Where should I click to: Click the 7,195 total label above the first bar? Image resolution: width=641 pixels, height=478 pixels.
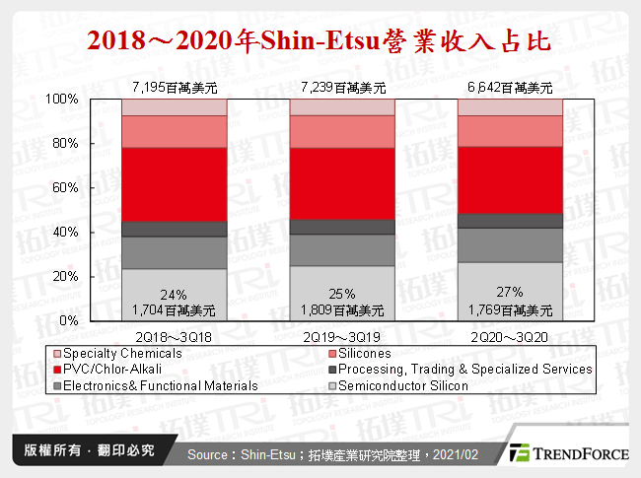(175, 88)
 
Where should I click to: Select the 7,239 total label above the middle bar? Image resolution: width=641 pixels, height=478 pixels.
(341, 88)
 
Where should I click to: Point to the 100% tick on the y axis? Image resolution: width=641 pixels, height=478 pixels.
(63, 100)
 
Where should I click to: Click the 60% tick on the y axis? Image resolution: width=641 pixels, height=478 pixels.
(66, 188)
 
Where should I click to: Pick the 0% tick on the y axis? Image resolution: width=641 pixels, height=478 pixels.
(69, 321)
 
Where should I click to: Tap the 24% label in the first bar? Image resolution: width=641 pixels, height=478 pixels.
(175, 293)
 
